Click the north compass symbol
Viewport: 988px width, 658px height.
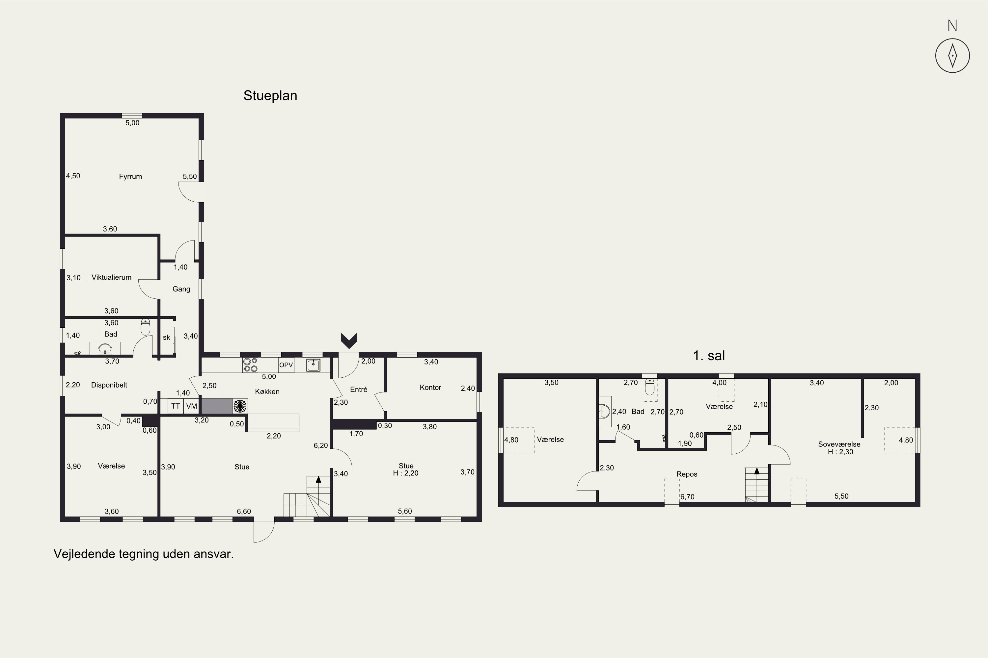(952, 55)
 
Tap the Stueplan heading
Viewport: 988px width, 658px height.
(270, 96)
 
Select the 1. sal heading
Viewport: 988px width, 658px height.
(709, 356)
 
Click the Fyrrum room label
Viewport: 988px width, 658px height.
(130, 177)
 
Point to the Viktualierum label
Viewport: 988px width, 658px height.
(111, 277)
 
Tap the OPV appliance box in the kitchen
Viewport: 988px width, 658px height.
(286, 365)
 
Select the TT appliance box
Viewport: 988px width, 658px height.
(176, 406)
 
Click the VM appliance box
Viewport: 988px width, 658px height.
(192, 406)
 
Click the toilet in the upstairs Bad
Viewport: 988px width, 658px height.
(649, 387)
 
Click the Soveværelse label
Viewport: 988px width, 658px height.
(839, 444)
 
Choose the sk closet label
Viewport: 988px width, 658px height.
(166, 338)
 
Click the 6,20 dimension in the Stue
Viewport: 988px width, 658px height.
(320, 446)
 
